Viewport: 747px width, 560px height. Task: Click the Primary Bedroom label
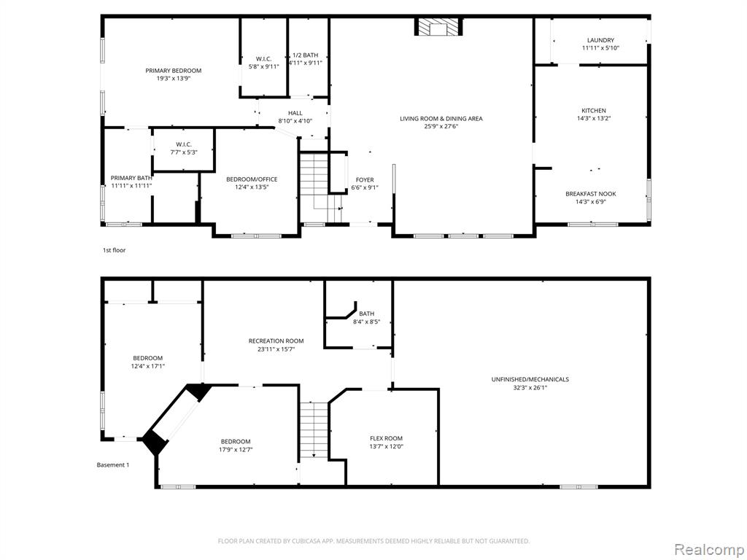tap(174, 71)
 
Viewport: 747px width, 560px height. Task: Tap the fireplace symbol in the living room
tap(438, 27)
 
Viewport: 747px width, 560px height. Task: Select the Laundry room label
tap(600, 41)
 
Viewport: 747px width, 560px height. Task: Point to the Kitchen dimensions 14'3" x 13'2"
tap(593, 119)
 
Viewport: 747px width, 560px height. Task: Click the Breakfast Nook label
tap(590, 194)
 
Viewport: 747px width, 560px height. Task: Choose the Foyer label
tap(365, 179)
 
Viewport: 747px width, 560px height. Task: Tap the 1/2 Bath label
tap(306, 55)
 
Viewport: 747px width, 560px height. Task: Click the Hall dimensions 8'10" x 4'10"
tap(295, 121)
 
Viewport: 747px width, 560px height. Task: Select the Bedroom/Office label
tap(252, 179)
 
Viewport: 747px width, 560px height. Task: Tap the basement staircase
tap(314, 430)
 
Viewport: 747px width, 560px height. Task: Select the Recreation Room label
tap(276, 341)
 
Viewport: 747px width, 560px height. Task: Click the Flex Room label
tap(386, 438)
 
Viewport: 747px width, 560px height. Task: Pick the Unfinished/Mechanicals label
tap(530, 379)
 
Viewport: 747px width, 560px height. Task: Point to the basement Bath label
tap(366, 314)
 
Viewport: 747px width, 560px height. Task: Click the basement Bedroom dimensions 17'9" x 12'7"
tap(236, 449)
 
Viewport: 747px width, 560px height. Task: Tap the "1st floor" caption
tap(115, 250)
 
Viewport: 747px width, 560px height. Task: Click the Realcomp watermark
tap(708, 550)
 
